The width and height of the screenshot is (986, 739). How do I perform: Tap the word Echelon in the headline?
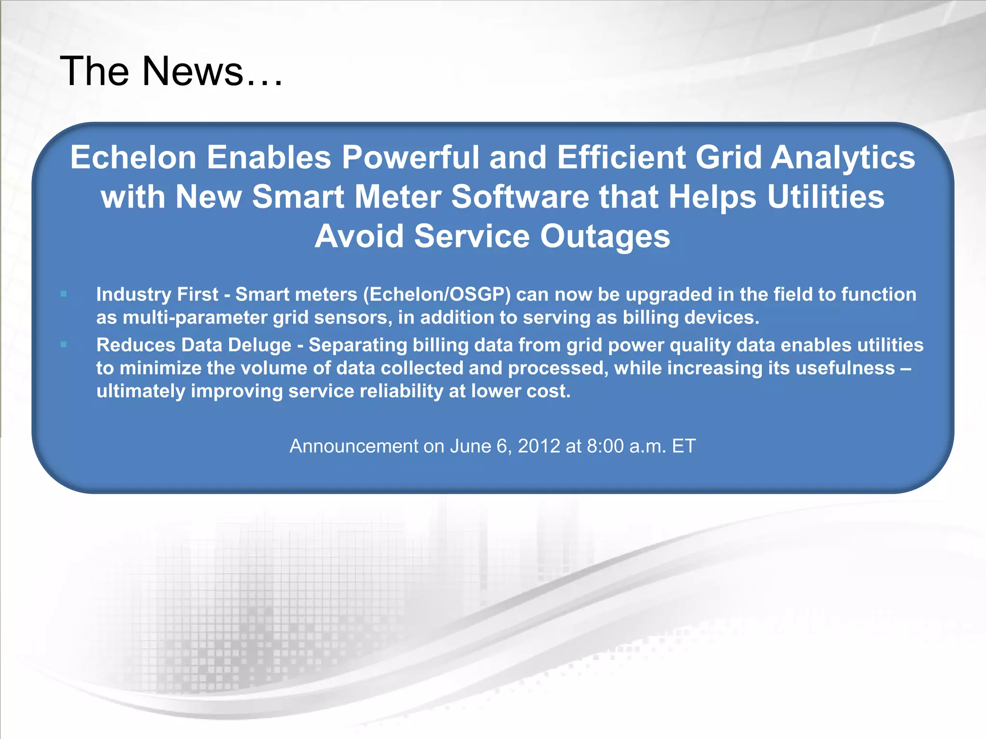point(133,157)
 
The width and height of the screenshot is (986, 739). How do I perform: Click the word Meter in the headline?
point(398,197)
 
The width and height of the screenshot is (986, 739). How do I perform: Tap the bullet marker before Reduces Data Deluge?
point(64,344)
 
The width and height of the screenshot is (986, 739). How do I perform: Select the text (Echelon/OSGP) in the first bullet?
point(437,294)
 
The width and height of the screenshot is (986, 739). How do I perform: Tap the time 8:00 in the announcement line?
point(605,446)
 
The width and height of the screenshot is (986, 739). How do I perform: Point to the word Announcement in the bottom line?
point(354,446)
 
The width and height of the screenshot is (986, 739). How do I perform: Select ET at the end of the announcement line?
point(684,446)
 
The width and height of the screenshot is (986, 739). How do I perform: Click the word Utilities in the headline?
point(826,197)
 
